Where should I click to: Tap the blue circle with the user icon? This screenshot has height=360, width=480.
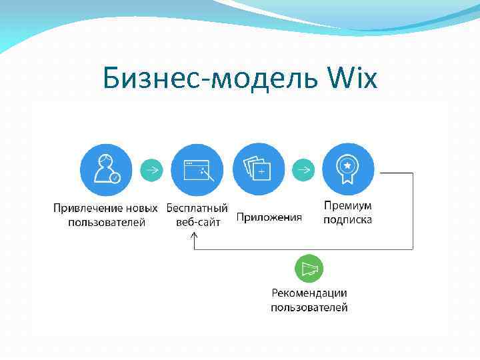coord(106,169)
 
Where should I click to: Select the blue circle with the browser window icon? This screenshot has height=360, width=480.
coord(197,169)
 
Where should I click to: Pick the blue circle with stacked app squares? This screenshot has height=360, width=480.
coord(258,169)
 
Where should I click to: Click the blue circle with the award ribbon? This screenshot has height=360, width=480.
coord(348,169)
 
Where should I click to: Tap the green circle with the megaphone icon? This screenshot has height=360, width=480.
coord(309,269)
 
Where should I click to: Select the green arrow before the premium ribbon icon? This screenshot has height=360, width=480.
coord(303,169)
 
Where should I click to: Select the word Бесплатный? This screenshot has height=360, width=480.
coord(197,208)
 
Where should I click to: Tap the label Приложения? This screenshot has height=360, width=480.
coord(269,217)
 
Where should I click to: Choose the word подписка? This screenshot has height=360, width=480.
coord(347,219)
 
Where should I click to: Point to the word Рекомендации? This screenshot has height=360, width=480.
coord(309,293)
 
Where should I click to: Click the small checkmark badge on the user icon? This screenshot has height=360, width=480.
coord(115,178)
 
